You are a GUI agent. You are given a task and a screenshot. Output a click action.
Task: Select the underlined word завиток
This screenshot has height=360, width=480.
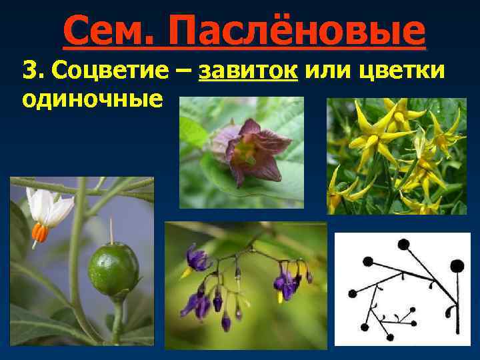[x=249, y=69]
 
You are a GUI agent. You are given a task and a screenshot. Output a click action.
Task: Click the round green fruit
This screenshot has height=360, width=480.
[x=113, y=271]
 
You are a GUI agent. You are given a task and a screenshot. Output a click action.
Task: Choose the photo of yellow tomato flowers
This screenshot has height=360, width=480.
[x=396, y=156]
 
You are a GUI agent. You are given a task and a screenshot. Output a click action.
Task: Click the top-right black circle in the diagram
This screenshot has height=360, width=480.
[x=457, y=266]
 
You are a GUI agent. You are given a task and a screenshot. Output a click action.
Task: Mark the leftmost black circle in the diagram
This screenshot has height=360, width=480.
[x=353, y=293]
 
